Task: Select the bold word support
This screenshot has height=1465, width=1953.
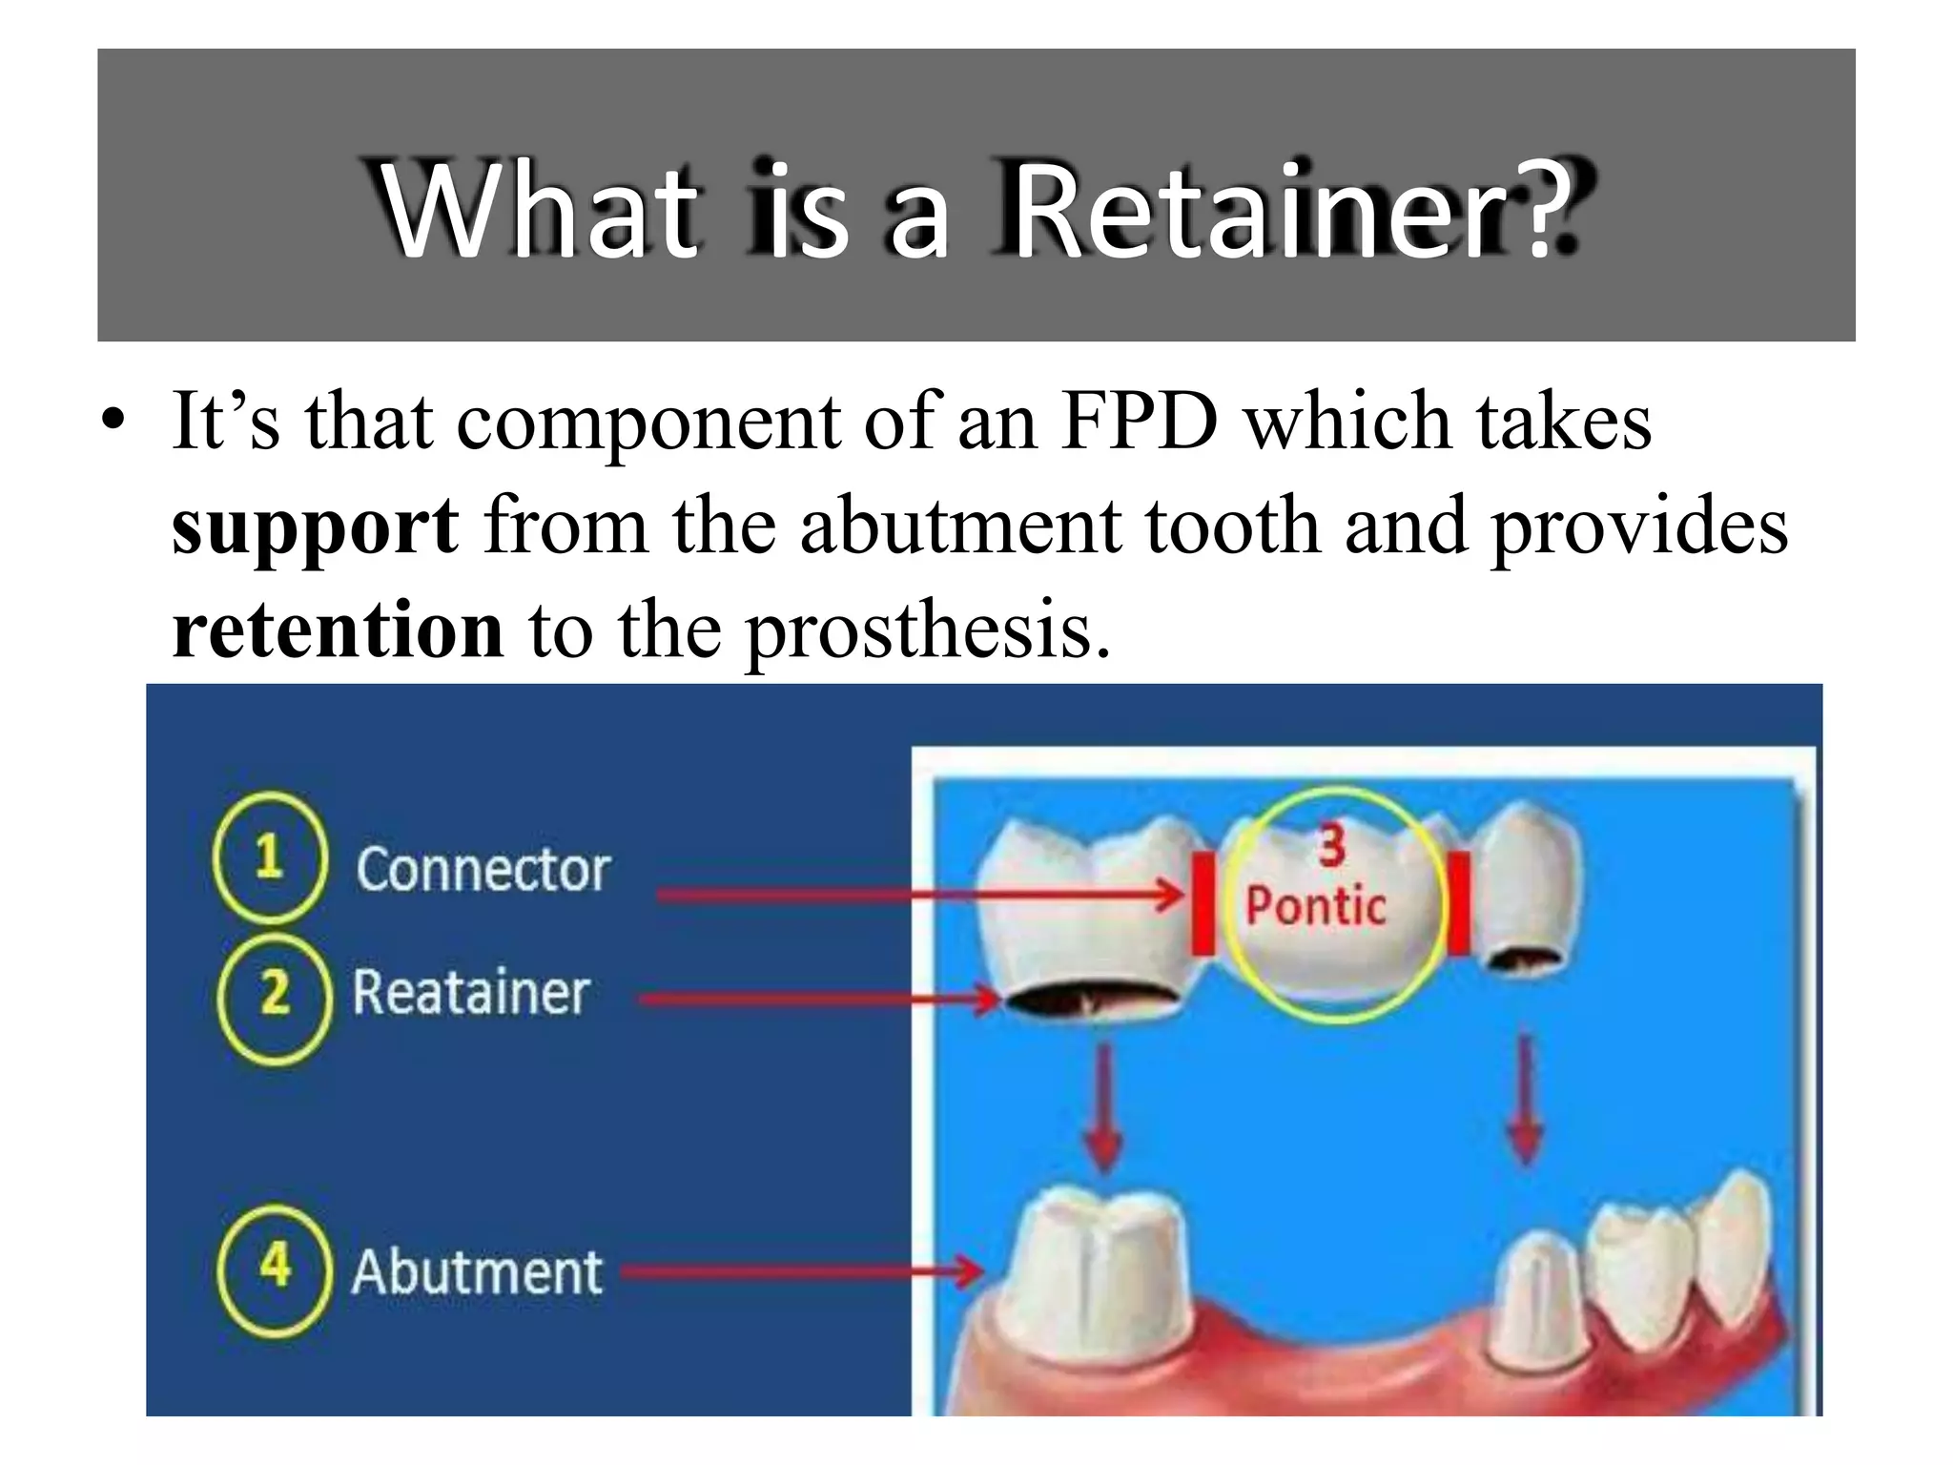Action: (x=315, y=526)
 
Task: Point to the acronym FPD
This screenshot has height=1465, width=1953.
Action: (x=1140, y=422)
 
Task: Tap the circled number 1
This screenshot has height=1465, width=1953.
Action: (x=270, y=856)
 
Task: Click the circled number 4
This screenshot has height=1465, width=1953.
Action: (x=275, y=1268)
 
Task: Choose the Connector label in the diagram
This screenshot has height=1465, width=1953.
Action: (x=483, y=870)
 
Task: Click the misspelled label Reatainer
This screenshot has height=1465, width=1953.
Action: (x=471, y=993)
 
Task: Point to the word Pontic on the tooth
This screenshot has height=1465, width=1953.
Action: (x=1316, y=906)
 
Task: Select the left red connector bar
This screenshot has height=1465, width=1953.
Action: (x=1203, y=902)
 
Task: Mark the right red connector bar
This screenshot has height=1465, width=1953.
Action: (x=1459, y=902)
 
